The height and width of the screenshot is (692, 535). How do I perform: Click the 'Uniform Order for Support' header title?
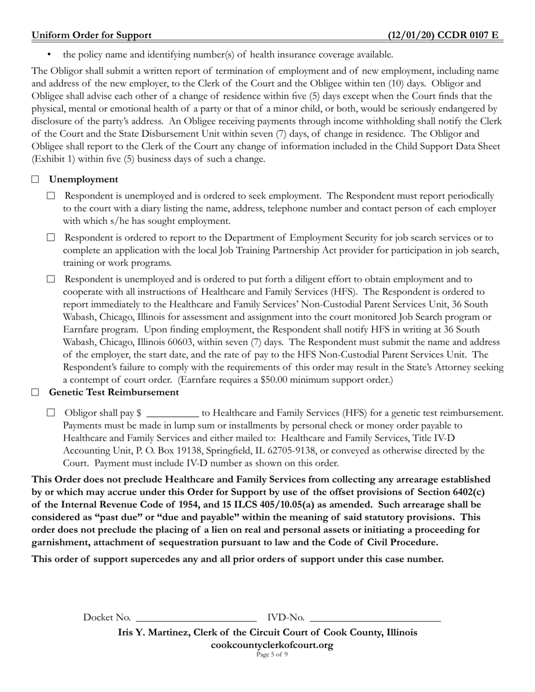91,35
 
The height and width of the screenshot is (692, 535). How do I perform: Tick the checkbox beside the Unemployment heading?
35,179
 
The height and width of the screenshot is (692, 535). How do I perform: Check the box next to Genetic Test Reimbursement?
35,392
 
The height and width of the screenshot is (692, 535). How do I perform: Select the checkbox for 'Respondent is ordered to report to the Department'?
51,238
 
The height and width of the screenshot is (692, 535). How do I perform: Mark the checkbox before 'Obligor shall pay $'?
51,413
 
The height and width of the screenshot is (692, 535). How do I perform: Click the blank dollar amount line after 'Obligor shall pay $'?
172,414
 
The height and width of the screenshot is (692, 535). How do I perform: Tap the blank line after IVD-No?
375,618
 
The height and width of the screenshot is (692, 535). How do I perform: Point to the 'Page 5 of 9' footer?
271,654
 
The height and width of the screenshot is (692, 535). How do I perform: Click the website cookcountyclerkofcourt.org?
271,645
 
